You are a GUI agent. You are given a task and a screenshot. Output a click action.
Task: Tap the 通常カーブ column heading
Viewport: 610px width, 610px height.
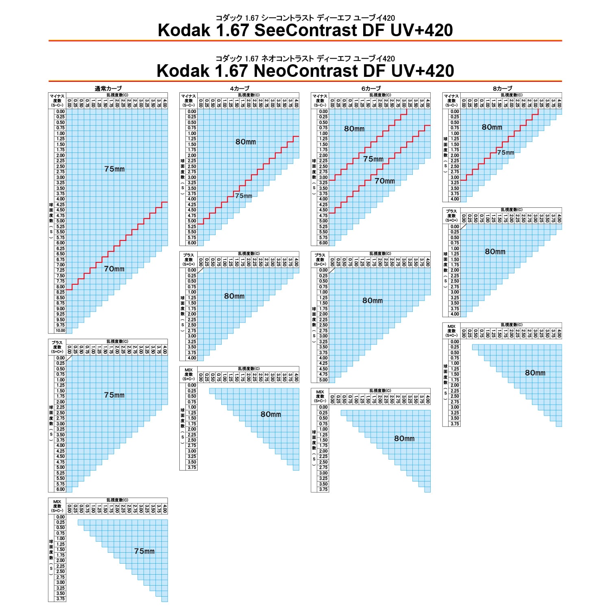tap(108, 89)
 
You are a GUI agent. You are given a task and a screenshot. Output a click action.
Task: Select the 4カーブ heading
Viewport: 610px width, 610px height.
tap(240, 89)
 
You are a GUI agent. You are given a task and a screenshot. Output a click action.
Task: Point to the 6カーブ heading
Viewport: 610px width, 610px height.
tap(371, 89)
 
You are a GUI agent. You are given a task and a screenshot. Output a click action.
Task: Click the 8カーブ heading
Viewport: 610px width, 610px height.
tap(502, 89)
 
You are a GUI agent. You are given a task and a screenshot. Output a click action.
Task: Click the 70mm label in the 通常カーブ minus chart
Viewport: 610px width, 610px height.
tap(114, 269)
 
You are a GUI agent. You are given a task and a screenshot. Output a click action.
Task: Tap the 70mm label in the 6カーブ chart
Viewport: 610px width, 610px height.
tap(385, 181)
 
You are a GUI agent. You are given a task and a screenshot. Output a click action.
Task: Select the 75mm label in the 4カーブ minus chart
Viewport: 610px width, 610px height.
tap(244, 196)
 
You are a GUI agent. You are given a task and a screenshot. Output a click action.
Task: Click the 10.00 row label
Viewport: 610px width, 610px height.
tap(61, 331)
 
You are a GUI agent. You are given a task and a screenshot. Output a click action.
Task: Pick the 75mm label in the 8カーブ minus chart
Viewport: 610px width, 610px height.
tap(505, 153)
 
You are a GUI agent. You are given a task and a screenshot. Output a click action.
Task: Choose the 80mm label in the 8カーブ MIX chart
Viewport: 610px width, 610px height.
tap(535, 373)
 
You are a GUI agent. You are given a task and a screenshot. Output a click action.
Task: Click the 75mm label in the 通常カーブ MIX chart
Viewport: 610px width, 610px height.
tap(144, 551)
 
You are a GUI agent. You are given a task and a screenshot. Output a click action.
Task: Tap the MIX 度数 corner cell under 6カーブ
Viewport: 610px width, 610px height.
tap(320, 396)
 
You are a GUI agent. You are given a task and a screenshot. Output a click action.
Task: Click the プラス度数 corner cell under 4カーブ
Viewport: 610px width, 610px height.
tap(189, 259)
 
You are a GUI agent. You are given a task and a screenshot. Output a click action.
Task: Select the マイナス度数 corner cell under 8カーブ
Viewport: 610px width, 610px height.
tap(451, 100)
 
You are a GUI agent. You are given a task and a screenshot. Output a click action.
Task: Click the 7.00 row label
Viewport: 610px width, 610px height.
tap(61, 265)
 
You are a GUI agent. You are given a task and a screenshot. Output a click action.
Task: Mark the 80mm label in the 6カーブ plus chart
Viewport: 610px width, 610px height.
tap(373, 301)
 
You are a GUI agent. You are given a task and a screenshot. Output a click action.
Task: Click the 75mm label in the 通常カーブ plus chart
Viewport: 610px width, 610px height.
tap(114, 395)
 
